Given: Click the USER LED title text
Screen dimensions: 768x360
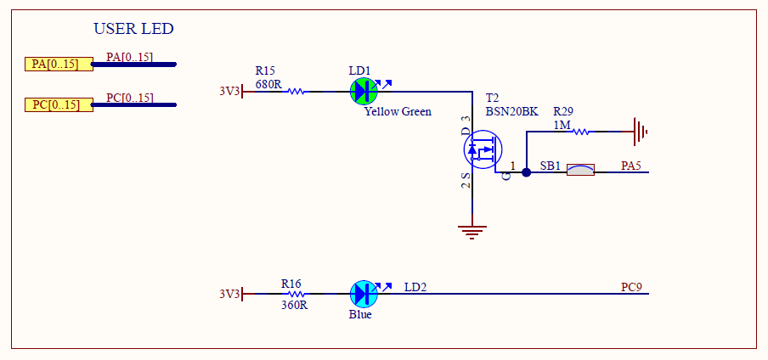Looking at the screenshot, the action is [133, 29].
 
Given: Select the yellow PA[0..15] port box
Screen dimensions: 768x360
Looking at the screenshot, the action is [59, 65].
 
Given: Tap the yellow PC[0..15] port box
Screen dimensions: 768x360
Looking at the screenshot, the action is [59, 104].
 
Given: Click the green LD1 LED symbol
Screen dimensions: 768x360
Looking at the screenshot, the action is [364, 91].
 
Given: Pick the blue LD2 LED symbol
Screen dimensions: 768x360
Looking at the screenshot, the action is [364, 294].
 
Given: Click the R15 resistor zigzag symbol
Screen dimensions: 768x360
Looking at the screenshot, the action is [296, 91].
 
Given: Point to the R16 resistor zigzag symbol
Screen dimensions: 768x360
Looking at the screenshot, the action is [296, 294].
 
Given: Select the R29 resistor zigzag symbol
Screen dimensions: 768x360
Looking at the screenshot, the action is [580, 132].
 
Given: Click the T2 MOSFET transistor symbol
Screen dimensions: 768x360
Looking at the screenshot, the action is [483, 149].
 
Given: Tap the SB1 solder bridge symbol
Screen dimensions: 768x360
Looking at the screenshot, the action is [580, 170].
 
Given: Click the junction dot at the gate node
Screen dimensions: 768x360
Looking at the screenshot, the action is [527, 172].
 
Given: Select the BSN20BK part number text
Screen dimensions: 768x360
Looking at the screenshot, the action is [511, 112].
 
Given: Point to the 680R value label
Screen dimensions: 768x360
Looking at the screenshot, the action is [268, 84].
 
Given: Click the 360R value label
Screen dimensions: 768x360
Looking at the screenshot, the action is [294, 305].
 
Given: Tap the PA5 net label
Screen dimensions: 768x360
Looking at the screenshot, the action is [631, 166].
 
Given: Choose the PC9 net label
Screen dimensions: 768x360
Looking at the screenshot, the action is [631, 287].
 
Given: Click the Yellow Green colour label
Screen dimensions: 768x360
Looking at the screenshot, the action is [398, 112].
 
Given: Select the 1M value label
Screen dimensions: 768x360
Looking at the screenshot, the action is [562, 126].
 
